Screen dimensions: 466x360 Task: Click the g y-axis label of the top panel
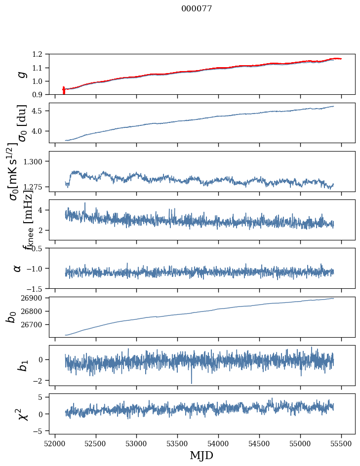[21, 74]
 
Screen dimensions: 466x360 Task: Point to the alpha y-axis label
[17, 268]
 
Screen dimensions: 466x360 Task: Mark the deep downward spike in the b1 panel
[191, 380]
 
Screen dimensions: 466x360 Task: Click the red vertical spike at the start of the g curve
[64, 90]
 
